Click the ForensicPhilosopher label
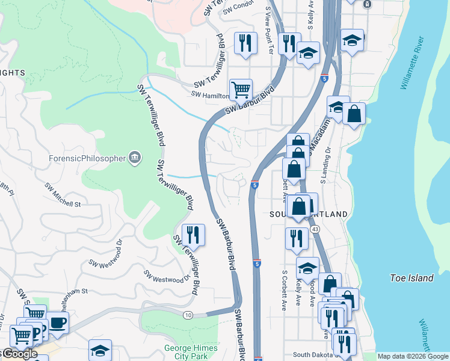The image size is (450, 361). coord(88,159)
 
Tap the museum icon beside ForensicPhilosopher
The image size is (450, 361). coord(135,158)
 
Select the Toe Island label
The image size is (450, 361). coord(411,278)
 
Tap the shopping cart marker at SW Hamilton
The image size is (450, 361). coord(241,90)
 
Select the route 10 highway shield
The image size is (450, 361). coord(188,315)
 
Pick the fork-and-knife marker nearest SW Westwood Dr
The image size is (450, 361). coord(193,234)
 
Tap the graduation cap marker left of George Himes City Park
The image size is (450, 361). coord(100,351)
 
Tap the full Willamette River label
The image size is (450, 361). coord(413,63)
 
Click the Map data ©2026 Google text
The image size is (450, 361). coord(413,356)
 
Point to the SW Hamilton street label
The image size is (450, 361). coord(210,94)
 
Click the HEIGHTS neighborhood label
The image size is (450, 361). coord(13,73)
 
